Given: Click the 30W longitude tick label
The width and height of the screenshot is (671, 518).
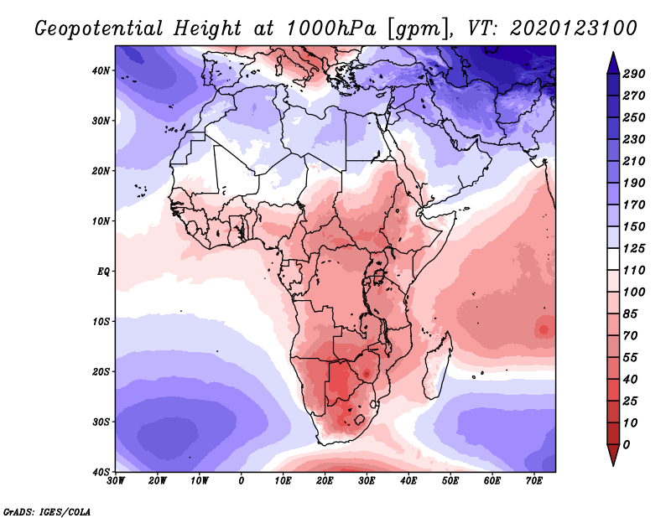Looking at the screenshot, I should [x=116, y=481].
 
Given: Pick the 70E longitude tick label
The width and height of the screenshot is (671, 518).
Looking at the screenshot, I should [x=534, y=481].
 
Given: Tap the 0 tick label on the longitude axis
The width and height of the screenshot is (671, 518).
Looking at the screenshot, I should [x=242, y=481].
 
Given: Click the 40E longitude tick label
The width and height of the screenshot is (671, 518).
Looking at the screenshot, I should [x=408, y=481].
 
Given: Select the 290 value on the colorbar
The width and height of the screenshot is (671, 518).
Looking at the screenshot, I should [x=634, y=74].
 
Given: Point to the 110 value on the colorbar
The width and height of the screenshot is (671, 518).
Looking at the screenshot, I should [x=634, y=271].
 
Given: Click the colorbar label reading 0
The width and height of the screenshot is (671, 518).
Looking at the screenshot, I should [x=627, y=443].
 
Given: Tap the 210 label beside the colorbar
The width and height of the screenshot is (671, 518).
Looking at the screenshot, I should [x=634, y=160].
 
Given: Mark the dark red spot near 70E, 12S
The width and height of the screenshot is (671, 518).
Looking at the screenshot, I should [x=544, y=329].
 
